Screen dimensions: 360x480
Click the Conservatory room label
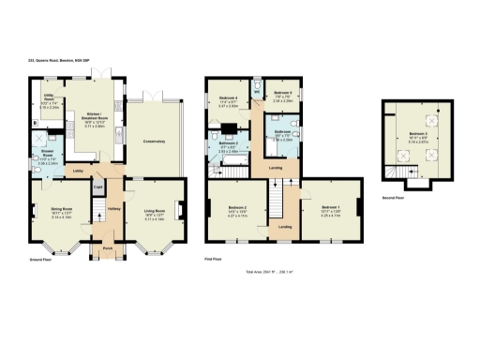[x=155, y=141]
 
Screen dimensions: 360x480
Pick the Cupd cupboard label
[x=97, y=187]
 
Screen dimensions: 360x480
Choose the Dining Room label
[x=59, y=211]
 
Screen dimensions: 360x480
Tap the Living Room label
[x=155, y=211]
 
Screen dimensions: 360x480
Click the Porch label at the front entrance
[x=107, y=248]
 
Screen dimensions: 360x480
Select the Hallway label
[x=113, y=208]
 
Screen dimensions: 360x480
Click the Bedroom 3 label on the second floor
[x=418, y=136]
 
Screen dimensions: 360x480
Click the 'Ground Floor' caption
[x=39, y=259]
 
